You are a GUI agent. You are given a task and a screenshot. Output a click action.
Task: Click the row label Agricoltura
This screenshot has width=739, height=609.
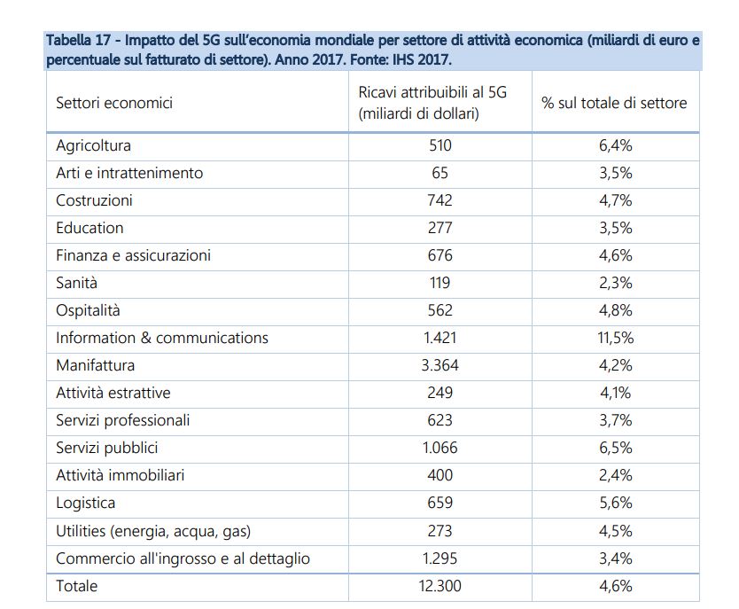(x=93, y=145)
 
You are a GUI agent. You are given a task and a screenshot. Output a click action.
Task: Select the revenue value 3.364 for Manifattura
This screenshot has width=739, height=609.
(x=440, y=365)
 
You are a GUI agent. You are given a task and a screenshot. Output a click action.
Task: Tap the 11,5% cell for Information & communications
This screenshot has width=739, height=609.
(x=616, y=338)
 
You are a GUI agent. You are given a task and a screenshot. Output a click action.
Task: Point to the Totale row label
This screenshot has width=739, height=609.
(x=77, y=586)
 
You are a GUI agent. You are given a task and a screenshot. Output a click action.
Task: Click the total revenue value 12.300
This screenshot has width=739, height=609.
(x=440, y=586)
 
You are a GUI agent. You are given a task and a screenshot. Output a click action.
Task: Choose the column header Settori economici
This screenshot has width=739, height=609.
(x=114, y=103)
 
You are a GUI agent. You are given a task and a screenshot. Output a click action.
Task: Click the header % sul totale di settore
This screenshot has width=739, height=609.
(x=614, y=103)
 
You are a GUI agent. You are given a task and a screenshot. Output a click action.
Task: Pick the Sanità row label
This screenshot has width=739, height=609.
(x=76, y=283)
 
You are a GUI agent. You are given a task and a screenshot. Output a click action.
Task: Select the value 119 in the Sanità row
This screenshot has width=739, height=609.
(x=440, y=283)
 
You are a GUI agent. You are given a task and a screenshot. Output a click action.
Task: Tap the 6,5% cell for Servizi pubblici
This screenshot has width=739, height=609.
(x=616, y=448)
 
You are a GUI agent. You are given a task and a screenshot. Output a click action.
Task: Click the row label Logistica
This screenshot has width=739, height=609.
(x=85, y=503)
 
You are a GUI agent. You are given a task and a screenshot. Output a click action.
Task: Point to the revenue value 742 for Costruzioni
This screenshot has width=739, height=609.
(x=440, y=200)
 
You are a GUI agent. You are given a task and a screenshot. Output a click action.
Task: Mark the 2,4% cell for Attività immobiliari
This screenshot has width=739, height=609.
(x=616, y=475)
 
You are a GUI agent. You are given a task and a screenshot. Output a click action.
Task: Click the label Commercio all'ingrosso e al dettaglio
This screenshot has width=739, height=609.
(x=183, y=558)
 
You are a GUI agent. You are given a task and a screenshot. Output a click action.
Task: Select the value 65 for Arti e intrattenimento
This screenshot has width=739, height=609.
(x=440, y=173)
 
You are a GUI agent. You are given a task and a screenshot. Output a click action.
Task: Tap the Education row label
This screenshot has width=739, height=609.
(x=89, y=228)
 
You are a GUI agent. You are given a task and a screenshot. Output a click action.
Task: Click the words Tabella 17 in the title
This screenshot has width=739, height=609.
(x=78, y=40)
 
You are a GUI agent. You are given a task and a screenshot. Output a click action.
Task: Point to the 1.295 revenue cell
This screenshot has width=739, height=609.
(x=440, y=558)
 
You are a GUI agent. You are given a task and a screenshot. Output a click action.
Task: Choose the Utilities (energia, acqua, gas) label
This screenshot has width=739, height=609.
(x=153, y=531)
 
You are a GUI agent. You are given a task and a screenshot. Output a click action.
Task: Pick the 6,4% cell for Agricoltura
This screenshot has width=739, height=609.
(x=616, y=145)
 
